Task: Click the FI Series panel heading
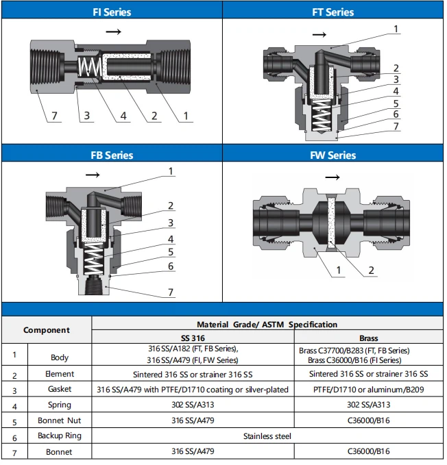coord(112,12)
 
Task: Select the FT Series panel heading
coord(333,12)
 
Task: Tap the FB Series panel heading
coord(112,155)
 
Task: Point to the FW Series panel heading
coord(333,155)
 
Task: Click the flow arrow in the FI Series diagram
coord(113,32)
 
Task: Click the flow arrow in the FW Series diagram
coord(333,177)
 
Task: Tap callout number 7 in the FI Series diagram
coord(54,116)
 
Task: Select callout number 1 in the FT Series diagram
coord(396,29)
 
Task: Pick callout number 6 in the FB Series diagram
coord(171,266)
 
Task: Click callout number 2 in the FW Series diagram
coord(372,270)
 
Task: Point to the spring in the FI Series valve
coord(90,66)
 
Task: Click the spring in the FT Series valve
coord(321,116)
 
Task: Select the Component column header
coord(47,330)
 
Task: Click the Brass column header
coord(369,338)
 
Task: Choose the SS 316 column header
coord(193,338)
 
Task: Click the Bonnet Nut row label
coord(60,420)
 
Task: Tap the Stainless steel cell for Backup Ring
coord(267,436)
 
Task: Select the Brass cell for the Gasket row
coord(369,390)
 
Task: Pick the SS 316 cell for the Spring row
coord(193,405)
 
